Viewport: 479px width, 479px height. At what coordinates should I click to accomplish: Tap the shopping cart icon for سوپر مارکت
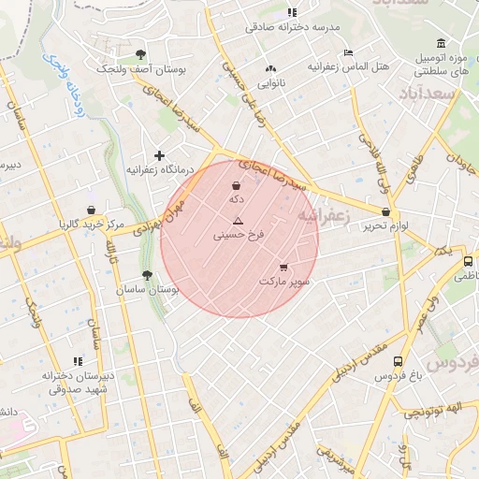click(283, 268)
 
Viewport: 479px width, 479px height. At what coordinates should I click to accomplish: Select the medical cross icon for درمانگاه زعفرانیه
click(159, 155)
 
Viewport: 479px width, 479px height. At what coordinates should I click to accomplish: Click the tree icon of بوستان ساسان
click(146, 275)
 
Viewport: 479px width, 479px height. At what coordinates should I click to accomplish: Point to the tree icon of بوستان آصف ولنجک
click(140, 54)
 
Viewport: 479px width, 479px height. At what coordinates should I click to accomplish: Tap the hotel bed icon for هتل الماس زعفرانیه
click(348, 52)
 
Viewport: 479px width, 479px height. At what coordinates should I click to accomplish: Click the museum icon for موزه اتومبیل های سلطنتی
click(441, 43)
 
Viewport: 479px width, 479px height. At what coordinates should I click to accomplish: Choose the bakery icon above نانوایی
click(271, 68)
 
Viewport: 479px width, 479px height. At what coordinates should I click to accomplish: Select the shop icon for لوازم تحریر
click(385, 212)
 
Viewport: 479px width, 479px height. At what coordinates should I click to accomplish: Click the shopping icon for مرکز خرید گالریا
click(91, 210)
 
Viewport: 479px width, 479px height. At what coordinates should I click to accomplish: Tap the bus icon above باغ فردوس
click(398, 361)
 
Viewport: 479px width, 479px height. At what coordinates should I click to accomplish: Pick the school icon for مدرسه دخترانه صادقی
click(292, 12)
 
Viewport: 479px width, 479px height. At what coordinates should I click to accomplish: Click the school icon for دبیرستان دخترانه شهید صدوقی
click(79, 360)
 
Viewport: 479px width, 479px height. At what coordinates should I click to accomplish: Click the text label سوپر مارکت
click(283, 281)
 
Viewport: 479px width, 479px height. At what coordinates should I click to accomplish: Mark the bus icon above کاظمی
click(468, 261)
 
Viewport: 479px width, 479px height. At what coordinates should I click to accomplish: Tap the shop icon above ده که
click(236, 185)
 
